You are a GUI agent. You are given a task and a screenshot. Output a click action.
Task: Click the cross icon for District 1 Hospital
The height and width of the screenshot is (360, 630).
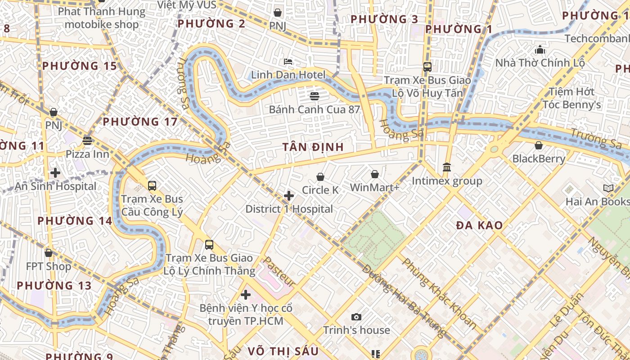point(289,196)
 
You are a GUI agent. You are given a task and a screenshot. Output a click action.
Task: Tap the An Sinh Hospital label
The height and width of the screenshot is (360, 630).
point(55,186)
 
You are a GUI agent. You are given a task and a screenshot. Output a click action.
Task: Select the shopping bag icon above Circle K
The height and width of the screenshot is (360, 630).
point(320,177)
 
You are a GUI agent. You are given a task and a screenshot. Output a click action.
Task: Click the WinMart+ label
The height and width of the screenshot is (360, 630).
point(374,187)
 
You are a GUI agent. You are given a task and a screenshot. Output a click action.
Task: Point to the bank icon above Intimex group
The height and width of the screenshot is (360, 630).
point(447,167)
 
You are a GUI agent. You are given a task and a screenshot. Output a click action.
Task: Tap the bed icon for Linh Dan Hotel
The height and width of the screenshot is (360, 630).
point(288,61)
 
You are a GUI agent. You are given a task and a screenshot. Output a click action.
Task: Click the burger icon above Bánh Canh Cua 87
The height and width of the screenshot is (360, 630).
point(314,96)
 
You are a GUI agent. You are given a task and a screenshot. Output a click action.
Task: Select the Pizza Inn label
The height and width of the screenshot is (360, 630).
point(87,154)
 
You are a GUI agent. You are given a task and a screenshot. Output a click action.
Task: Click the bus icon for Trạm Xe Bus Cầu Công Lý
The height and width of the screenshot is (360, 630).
point(152,185)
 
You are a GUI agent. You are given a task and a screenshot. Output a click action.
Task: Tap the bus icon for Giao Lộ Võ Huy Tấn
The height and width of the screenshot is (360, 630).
point(427,67)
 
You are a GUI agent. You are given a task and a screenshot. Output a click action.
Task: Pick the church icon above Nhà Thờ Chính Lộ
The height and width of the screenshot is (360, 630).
point(540,49)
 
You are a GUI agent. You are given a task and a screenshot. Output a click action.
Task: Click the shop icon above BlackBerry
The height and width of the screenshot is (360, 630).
point(539,145)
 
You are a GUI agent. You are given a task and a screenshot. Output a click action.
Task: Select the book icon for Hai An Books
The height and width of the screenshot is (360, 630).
point(608,189)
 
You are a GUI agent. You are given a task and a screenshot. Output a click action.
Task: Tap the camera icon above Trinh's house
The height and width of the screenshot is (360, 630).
point(356,317)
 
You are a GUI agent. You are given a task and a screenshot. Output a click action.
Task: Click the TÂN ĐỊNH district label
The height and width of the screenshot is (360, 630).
point(313,147)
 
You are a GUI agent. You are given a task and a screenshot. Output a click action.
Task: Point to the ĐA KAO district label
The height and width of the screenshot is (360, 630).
point(479,226)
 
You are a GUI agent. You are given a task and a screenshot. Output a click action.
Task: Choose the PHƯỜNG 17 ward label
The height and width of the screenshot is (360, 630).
point(140,122)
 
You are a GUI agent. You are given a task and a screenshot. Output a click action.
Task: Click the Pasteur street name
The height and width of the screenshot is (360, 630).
point(279,272)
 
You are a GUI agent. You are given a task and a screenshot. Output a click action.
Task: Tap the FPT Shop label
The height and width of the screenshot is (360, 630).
point(49,266)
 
